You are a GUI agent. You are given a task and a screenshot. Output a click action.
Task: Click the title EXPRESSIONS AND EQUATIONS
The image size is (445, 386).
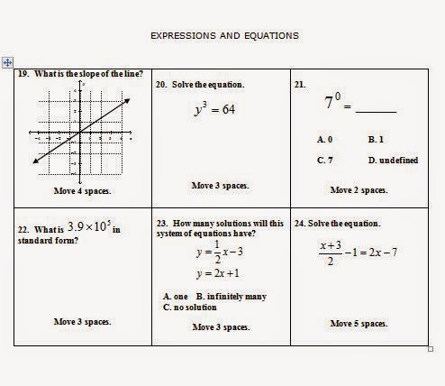pos(224,36)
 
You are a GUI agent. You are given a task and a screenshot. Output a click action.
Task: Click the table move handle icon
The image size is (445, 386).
pos(7,62)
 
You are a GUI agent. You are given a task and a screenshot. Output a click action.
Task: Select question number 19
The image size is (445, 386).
pos(23,74)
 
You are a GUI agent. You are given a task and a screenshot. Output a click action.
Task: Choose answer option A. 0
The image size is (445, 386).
pos(325,140)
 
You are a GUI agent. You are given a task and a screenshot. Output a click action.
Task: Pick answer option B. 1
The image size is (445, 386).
pos(376,140)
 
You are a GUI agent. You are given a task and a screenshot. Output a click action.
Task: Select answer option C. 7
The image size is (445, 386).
pos(325,160)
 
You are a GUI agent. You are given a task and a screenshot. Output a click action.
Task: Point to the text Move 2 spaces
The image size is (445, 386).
pos(359,190)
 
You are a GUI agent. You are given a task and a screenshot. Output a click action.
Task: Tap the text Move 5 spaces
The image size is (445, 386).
pos(359,323)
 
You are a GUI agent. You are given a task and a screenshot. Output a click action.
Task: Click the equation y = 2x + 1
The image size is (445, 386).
pos(217,273)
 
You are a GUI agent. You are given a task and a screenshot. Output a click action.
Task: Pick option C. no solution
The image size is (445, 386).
pos(190,307)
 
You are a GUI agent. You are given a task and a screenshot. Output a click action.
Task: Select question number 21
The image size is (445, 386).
pos(300,84)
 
